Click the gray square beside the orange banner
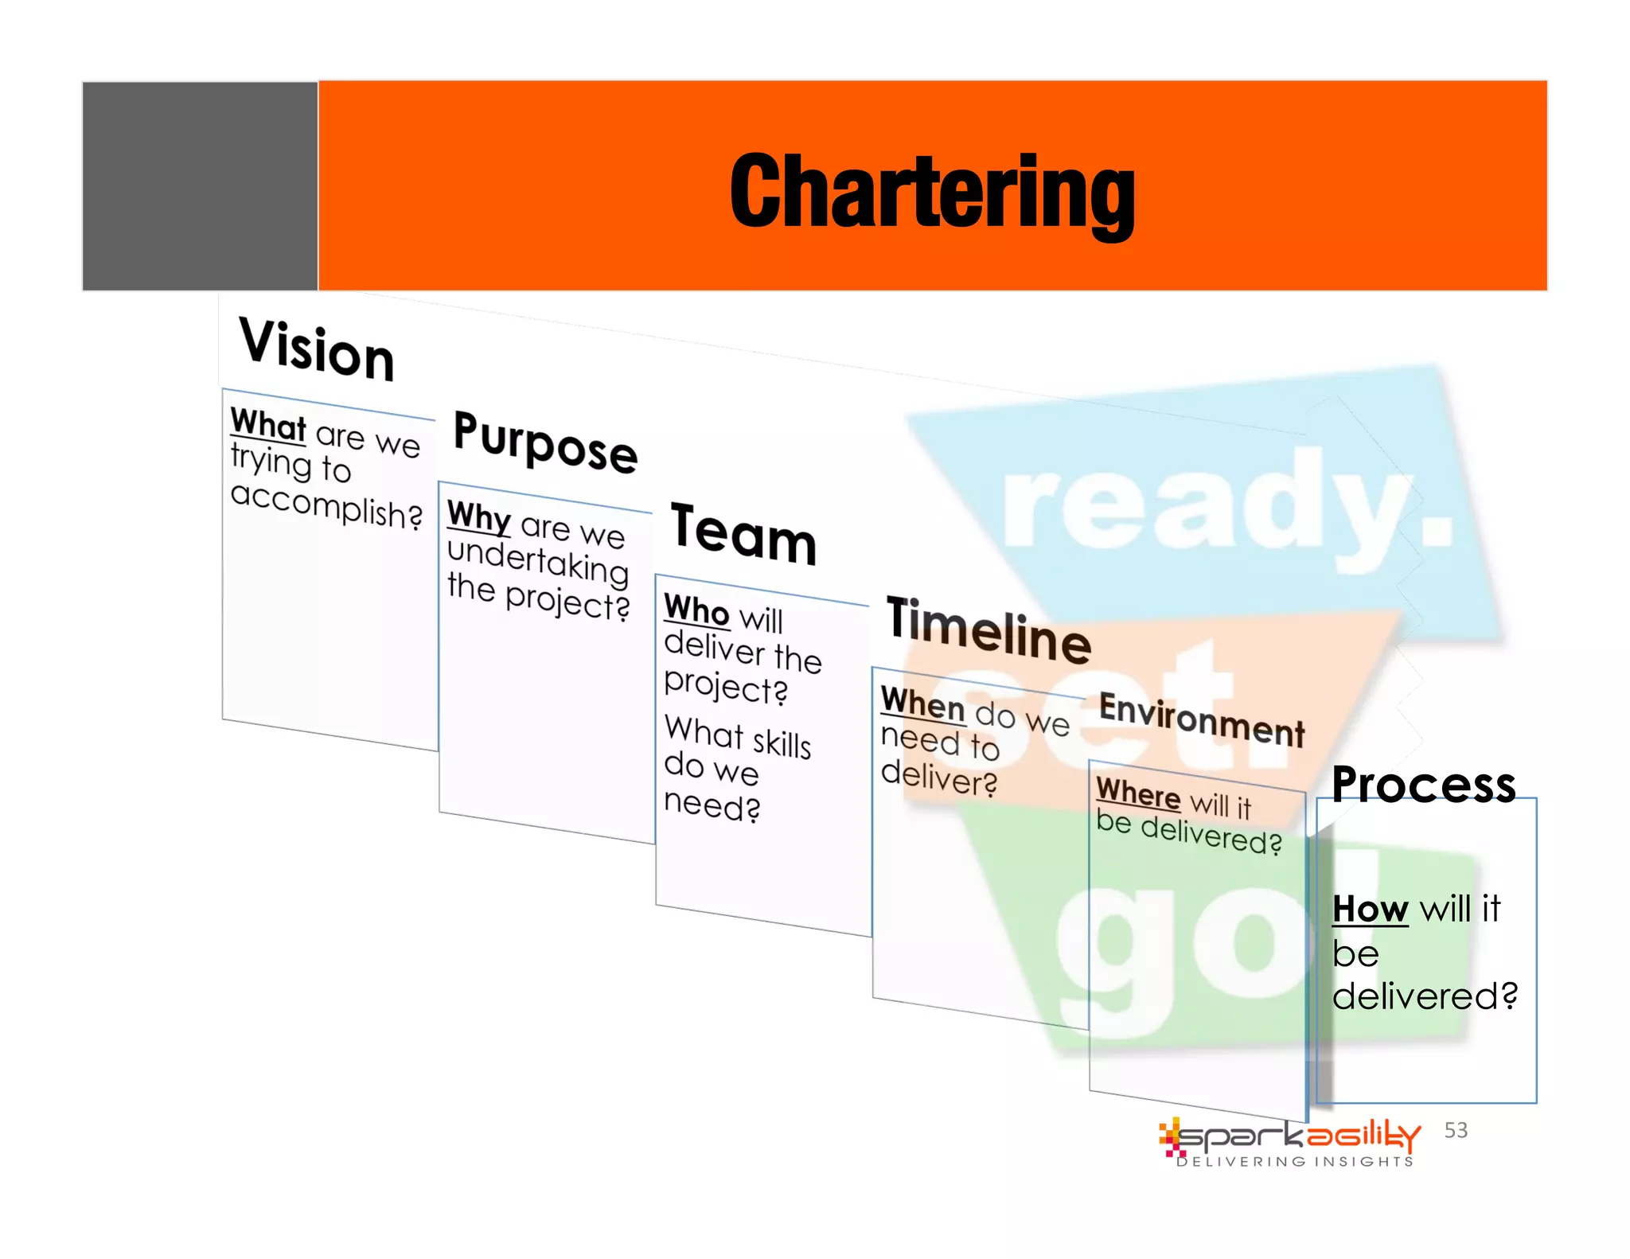point(200,186)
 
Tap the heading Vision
point(316,350)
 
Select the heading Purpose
point(545,442)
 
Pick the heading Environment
point(1201,719)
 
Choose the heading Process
point(1423,785)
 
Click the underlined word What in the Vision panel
point(268,424)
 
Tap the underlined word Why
point(478,516)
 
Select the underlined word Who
point(696,610)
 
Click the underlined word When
point(922,704)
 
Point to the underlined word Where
point(1138,793)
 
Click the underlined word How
point(1370,909)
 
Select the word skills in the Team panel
point(782,743)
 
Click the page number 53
point(1456,1130)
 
